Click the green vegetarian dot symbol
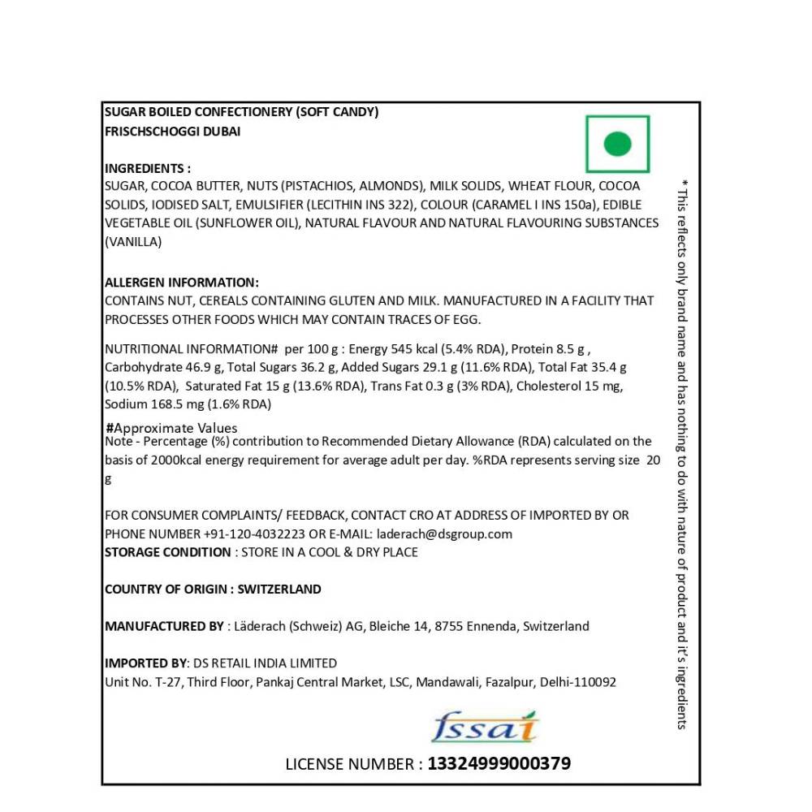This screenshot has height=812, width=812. tap(618, 145)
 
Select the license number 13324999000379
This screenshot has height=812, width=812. tap(499, 764)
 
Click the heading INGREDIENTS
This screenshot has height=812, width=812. tap(147, 169)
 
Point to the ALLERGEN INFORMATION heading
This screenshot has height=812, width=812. tap(182, 283)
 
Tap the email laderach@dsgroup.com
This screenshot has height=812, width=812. tap(444, 533)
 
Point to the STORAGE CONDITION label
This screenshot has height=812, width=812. tap(167, 552)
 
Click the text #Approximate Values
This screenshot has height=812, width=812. tap(171, 428)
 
